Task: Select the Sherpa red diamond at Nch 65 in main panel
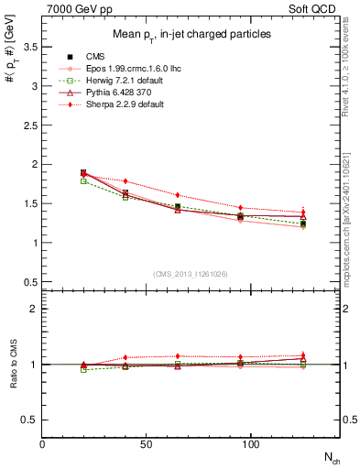click(178, 195)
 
